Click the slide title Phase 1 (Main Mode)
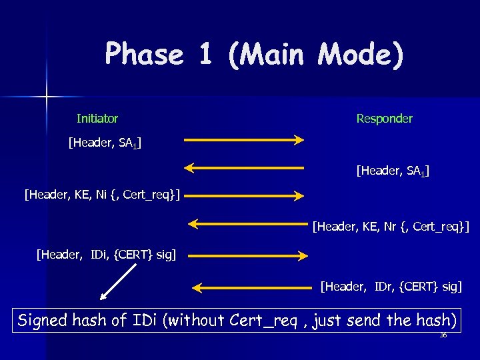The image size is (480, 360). (x=254, y=55)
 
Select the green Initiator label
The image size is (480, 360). (x=97, y=119)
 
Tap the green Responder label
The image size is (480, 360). (x=384, y=119)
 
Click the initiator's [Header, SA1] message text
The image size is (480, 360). (x=105, y=143)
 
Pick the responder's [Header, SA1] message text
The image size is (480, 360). (x=393, y=172)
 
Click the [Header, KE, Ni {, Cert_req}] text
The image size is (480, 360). (x=103, y=195)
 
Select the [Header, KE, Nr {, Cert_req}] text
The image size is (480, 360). (x=391, y=227)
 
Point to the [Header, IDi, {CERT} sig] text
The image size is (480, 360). (x=107, y=254)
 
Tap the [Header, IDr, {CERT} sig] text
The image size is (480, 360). (x=391, y=287)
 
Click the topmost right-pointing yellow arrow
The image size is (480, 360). (x=244, y=140)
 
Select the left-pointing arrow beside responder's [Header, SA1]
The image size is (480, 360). (x=244, y=167)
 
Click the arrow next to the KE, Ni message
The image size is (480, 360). (x=244, y=195)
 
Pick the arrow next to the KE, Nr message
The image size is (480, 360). (x=247, y=223)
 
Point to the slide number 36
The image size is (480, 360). (x=443, y=335)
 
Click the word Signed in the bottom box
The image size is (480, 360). (x=43, y=321)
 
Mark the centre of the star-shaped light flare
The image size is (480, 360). (x=47, y=97)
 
